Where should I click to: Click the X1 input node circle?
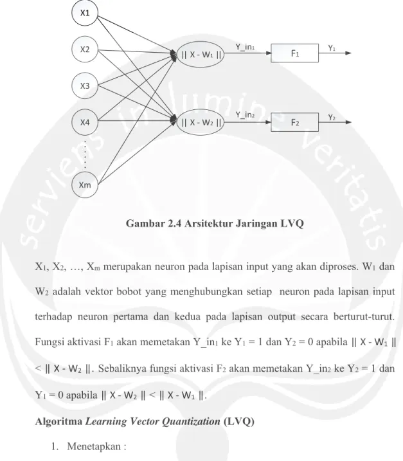85,13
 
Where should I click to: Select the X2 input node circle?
85,50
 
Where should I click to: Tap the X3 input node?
85,86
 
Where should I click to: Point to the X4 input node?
85,122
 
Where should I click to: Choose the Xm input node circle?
85,185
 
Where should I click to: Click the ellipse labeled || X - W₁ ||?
201,55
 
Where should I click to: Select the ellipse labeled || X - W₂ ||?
201,122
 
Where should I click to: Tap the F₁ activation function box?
294,53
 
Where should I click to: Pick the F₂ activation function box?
294,122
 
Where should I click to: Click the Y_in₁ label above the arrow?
245,48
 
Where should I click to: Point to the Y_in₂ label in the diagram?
245,115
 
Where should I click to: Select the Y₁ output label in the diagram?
332,48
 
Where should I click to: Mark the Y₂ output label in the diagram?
332,118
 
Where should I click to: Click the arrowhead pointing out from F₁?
348,53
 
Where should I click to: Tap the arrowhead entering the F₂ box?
268,122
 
